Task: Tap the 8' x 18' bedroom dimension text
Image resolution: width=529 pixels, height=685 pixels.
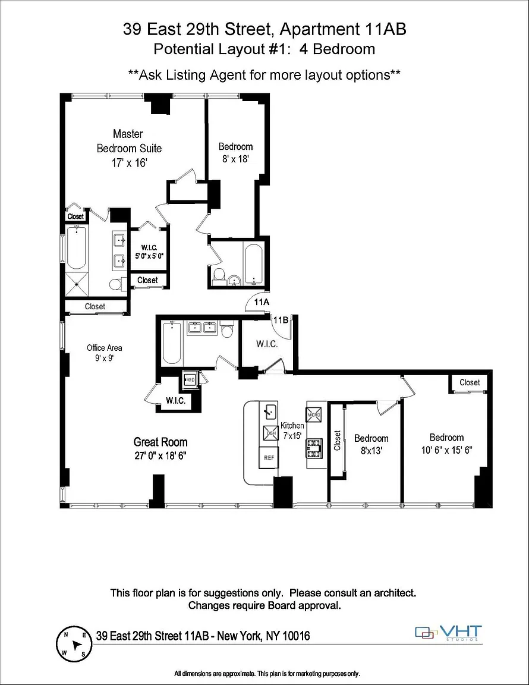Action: (235, 159)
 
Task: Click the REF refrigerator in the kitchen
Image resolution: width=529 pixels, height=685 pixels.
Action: (269, 457)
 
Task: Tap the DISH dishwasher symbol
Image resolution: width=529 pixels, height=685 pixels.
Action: (270, 432)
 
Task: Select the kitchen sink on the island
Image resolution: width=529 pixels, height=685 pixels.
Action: (269, 411)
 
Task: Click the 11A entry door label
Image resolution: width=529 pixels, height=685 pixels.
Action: (262, 302)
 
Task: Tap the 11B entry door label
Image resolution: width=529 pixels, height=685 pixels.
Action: (281, 320)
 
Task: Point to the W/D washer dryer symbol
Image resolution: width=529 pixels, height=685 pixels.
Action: (190, 379)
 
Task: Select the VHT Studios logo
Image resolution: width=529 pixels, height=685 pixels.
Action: (448, 633)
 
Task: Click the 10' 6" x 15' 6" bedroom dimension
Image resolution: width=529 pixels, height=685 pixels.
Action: (446, 450)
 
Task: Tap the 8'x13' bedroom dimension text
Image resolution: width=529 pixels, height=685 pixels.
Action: (371, 451)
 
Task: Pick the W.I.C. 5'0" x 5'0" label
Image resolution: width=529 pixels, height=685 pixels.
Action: (149, 252)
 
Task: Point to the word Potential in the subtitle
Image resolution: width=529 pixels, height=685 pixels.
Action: (184, 49)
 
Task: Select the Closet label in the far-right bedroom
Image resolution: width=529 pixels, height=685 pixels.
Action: (470, 382)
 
